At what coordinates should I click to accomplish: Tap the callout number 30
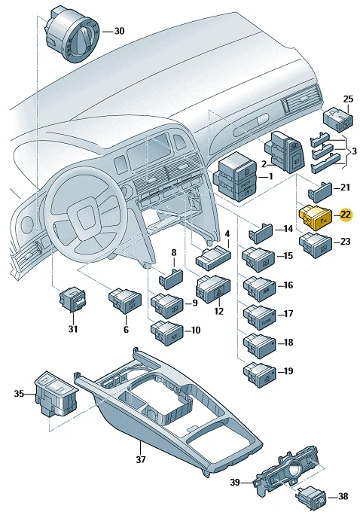click(119, 31)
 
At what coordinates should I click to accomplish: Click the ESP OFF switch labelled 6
click(125, 300)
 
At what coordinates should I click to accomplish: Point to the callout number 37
click(141, 459)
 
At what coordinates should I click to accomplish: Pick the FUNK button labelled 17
click(260, 318)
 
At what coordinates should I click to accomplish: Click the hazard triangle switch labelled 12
click(213, 289)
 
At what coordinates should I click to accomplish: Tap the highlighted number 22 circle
click(345, 215)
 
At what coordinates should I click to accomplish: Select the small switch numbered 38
click(312, 497)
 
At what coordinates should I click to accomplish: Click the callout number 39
click(235, 482)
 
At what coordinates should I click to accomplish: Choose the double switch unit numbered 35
click(56, 394)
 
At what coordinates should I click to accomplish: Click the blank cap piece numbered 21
click(319, 192)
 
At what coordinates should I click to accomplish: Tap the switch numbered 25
click(338, 120)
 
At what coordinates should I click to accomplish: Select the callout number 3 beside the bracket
click(354, 151)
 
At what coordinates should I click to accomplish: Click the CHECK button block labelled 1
click(235, 176)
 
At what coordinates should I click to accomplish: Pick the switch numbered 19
click(260, 375)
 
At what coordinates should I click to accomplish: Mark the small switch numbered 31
click(72, 300)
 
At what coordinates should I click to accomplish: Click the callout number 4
click(227, 234)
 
